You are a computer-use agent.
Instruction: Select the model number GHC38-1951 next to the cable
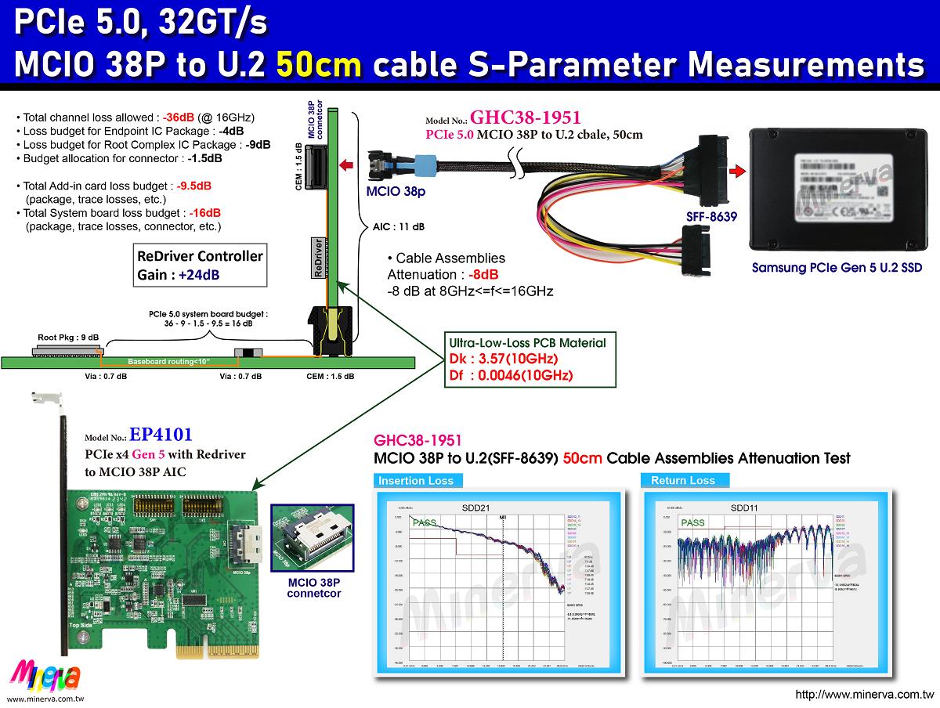pyautogui.click(x=525, y=118)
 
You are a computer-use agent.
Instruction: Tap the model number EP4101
pyautogui.click(x=161, y=434)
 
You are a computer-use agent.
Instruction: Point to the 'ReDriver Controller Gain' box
pyautogui.click(x=200, y=265)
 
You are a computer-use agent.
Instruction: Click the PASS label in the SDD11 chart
pyautogui.click(x=692, y=522)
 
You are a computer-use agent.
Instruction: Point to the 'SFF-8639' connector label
pyautogui.click(x=710, y=216)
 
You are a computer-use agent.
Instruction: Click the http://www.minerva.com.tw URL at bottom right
pyautogui.click(x=864, y=695)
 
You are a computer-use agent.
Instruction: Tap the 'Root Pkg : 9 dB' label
pyautogui.click(x=69, y=338)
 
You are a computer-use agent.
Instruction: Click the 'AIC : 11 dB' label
pyautogui.click(x=398, y=227)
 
